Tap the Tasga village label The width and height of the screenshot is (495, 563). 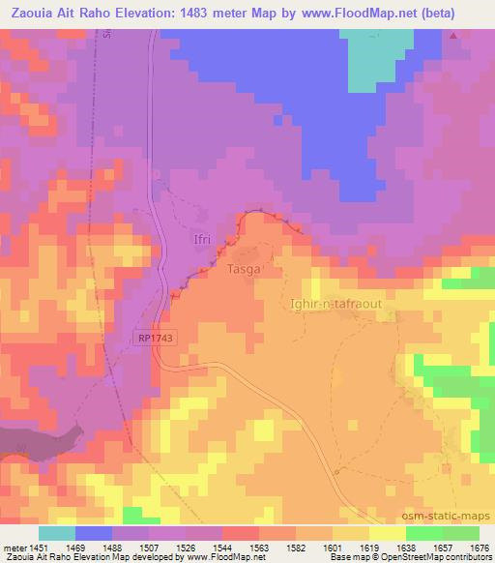[244, 270]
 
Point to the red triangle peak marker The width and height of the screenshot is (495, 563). [453, 36]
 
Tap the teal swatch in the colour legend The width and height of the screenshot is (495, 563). [57, 533]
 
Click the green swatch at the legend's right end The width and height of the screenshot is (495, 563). [461, 533]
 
